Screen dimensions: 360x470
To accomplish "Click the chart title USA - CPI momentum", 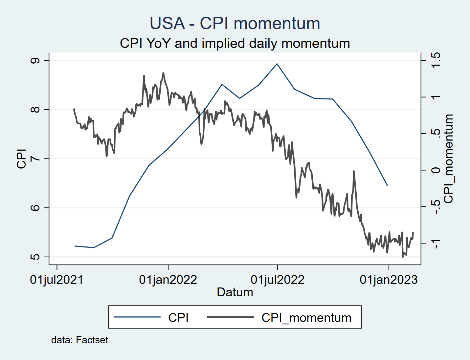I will coord(235,23).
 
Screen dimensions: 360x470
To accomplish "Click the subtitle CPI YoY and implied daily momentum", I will coord(235,43).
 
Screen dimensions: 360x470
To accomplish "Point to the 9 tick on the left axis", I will coord(35,61).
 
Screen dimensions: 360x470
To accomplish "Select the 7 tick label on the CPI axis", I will coord(35,159).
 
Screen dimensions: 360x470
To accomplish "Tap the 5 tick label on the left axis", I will coord(35,257).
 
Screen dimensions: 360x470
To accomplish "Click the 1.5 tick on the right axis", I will coord(436,60).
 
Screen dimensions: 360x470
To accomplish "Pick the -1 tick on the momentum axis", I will coord(436,244).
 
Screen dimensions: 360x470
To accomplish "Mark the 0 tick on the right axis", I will coord(436,170).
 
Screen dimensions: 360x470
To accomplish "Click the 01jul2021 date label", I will coord(57,280).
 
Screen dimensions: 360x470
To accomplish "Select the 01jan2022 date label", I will coord(168,280).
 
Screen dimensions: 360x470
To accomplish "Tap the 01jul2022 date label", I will coord(278,280).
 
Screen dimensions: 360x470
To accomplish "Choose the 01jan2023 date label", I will coord(389,280).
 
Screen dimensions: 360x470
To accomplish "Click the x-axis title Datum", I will coord(235,292).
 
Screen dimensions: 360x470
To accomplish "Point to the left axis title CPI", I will coord(21,159).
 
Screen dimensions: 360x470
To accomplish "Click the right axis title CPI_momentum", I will coord(448,159).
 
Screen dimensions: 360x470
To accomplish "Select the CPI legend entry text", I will coord(178,318).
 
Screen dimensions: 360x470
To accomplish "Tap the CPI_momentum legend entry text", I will coord(306,318).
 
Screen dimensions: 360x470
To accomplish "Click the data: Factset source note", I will coord(79,340).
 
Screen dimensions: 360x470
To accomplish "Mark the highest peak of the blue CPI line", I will coord(277,64).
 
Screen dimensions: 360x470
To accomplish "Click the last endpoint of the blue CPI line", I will coord(388,186).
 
